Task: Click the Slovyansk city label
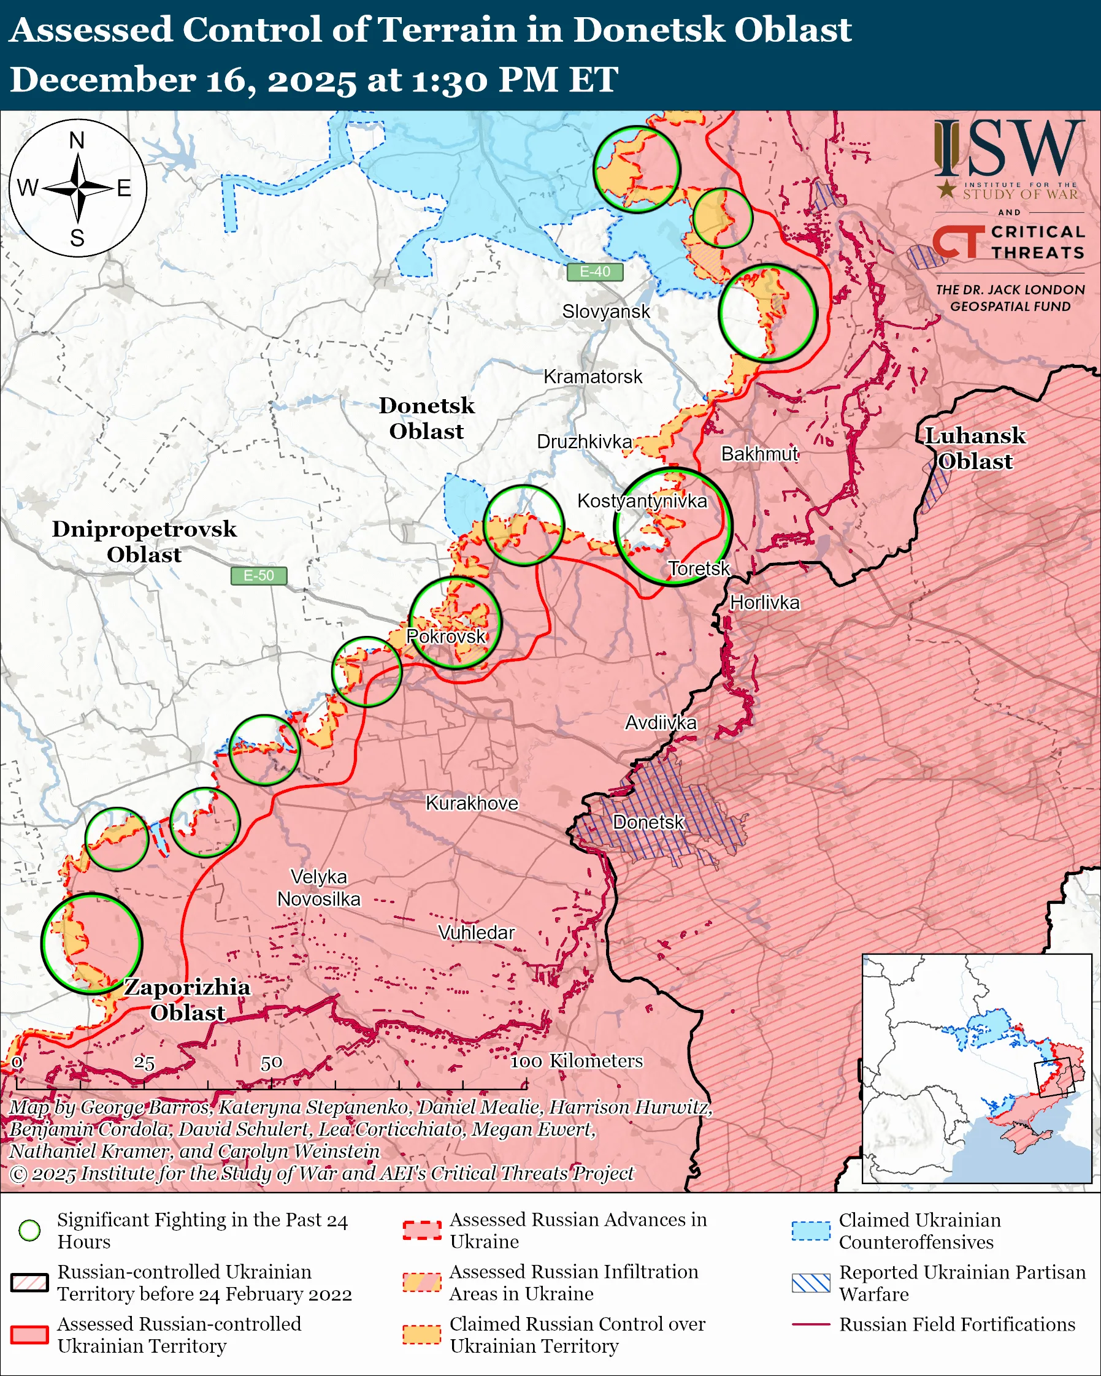tap(606, 312)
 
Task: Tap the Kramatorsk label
tap(593, 376)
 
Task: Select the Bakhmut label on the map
tap(759, 454)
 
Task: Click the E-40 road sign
tap(594, 272)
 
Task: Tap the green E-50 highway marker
tap(258, 576)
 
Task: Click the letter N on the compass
tap(77, 140)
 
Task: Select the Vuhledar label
tap(476, 933)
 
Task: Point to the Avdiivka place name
tap(661, 722)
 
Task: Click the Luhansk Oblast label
tap(975, 449)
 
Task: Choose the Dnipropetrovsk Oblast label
tap(144, 542)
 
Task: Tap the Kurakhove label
tap(472, 803)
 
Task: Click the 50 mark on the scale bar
tap(271, 1063)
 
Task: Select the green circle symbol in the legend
tap(30, 1231)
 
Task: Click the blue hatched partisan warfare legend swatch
tap(811, 1283)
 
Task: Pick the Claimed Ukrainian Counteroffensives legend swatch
tap(811, 1231)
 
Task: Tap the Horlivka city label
tap(764, 603)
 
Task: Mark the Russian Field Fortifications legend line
tap(811, 1324)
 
